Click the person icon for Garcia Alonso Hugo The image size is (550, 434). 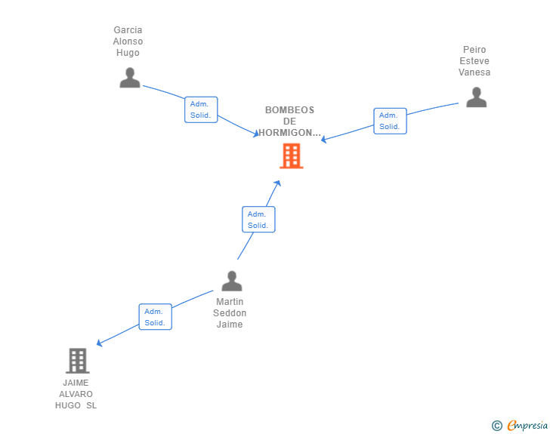point(130,78)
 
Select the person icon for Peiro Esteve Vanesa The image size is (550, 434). point(476,97)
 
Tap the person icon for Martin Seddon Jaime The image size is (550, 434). point(231,281)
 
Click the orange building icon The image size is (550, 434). point(292,155)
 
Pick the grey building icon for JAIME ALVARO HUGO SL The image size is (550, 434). point(77,361)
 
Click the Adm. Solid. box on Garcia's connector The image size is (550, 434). point(201,109)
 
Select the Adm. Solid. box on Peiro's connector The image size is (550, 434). point(390,121)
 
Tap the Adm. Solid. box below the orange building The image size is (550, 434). point(258,220)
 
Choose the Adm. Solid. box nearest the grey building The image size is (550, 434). point(155,317)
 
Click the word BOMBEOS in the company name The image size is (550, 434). point(289,110)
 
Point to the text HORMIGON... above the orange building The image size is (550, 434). point(290,133)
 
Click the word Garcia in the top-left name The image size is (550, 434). point(128,30)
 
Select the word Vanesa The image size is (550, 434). point(474,72)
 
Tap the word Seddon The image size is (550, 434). point(230,313)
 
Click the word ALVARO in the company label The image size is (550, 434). point(76,394)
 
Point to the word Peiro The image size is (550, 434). point(474,50)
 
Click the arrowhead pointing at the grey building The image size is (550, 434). point(99,344)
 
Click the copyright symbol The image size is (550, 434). point(496,426)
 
